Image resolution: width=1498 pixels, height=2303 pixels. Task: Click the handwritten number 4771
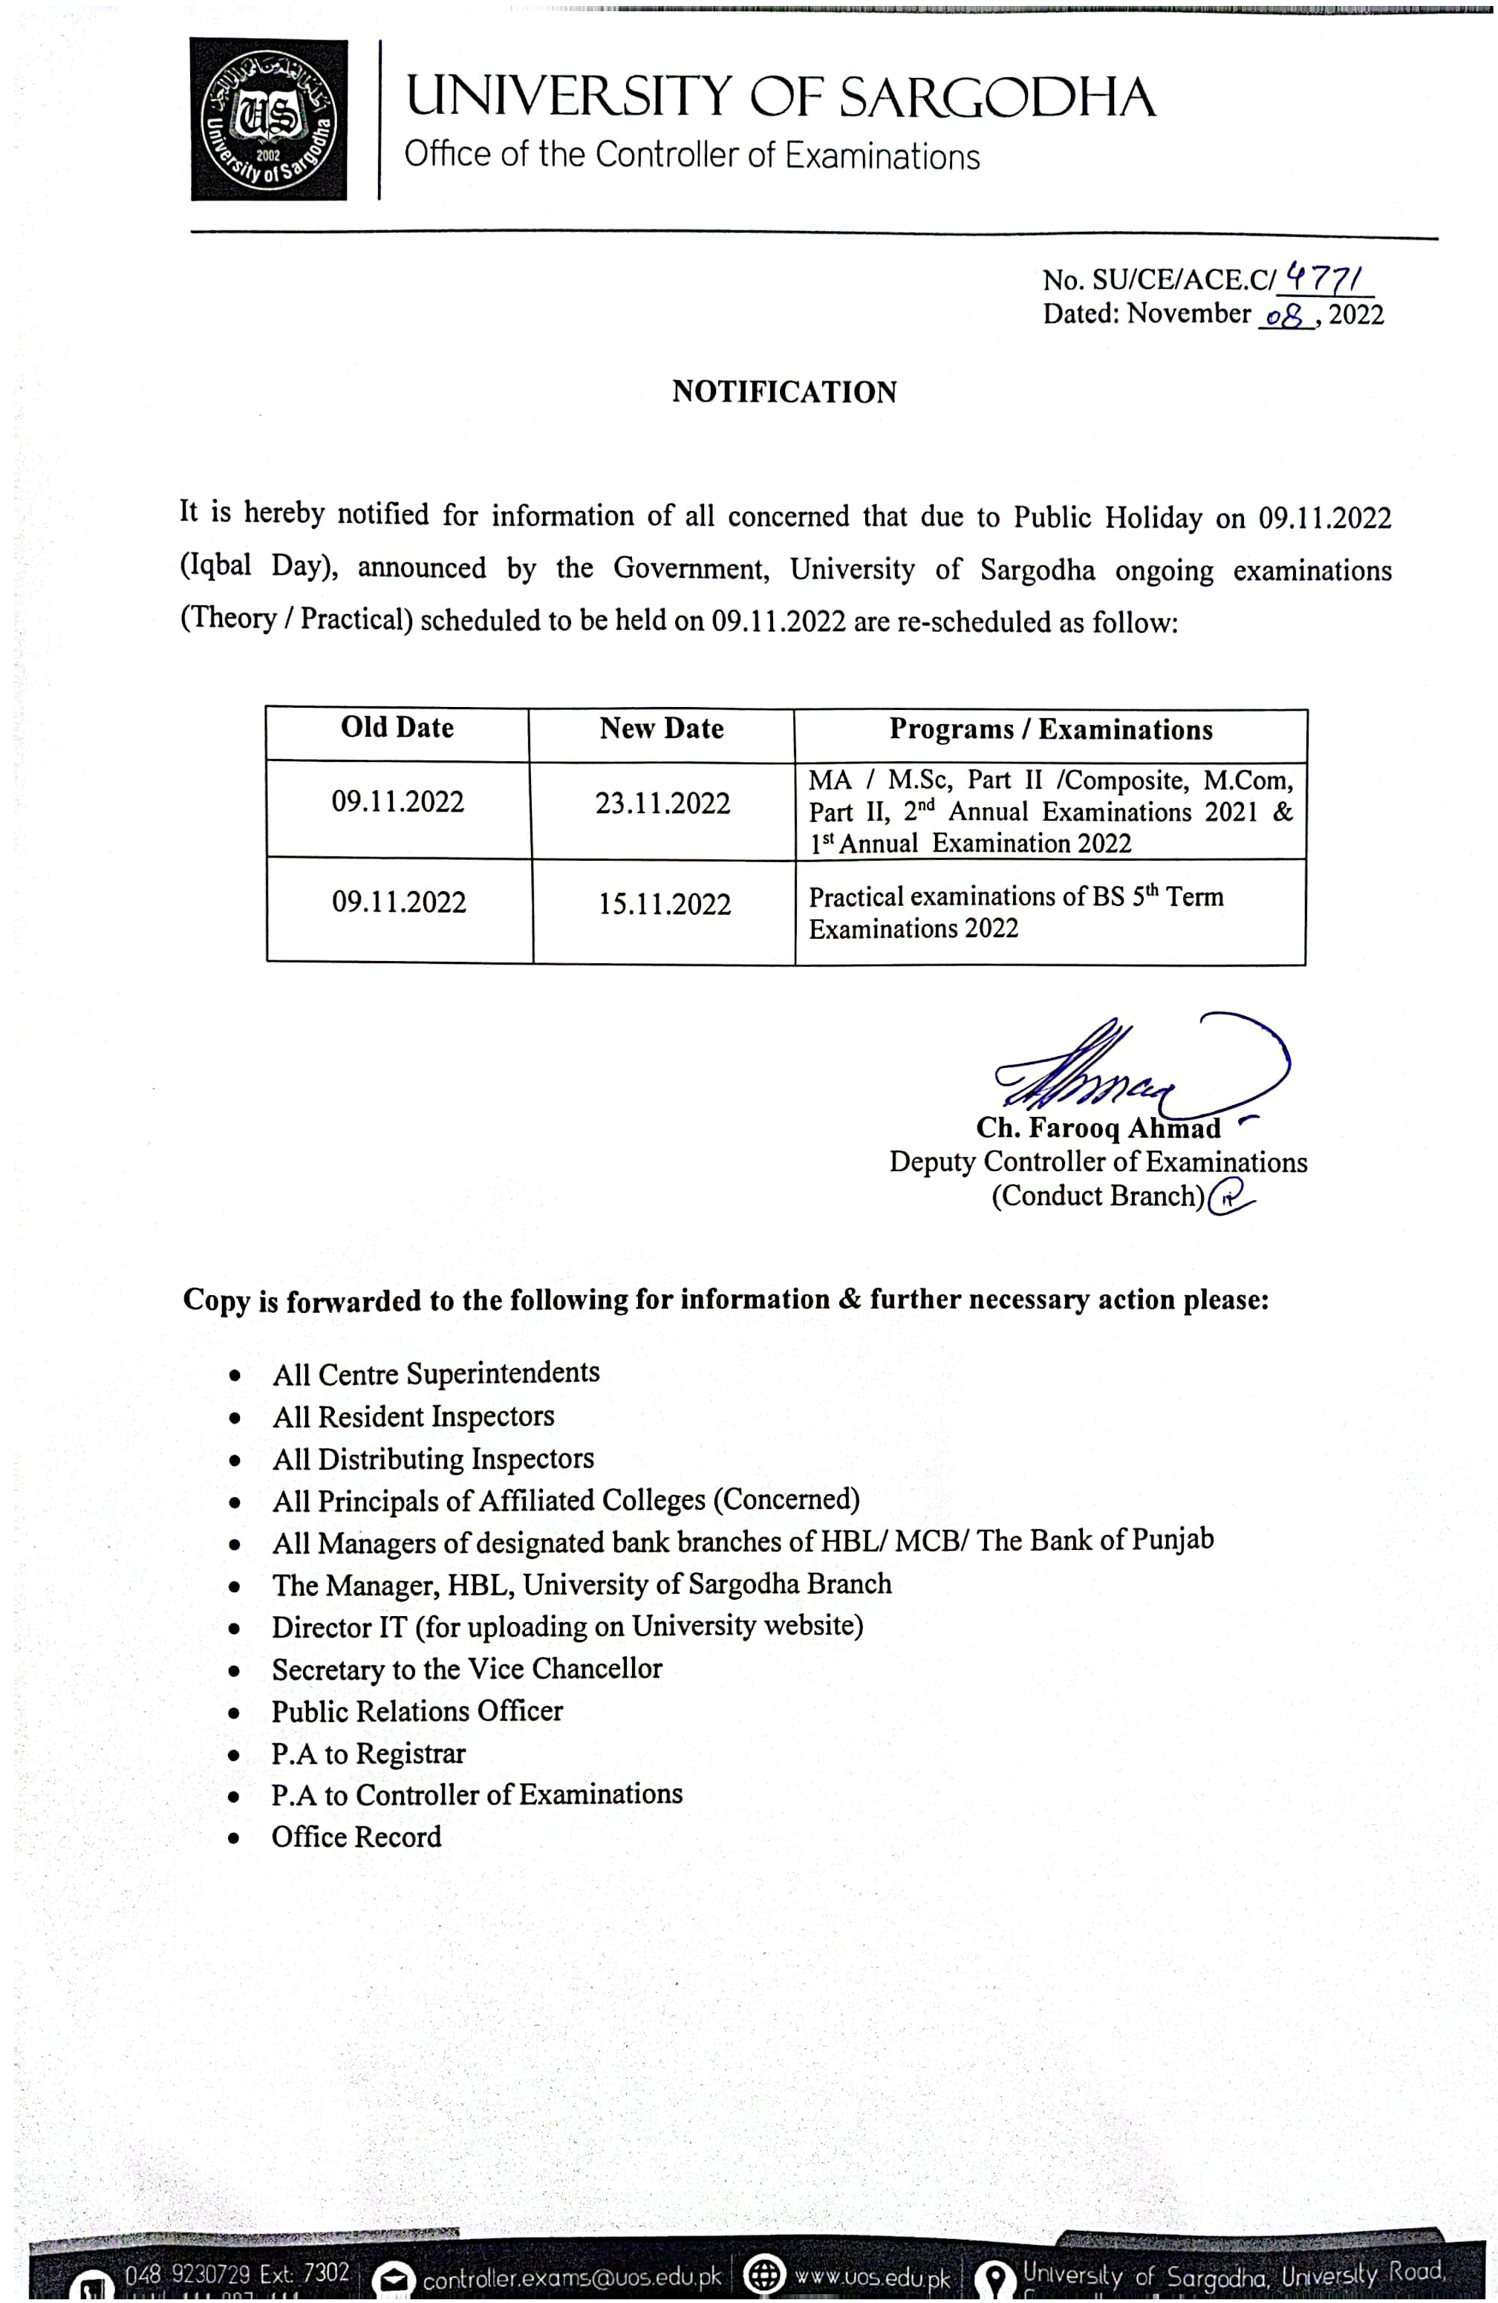(x=1323, y=281)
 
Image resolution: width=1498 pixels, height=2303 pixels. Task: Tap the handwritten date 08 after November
(x=1285, y=316)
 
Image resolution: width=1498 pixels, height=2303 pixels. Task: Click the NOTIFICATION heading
(x=784, y=392)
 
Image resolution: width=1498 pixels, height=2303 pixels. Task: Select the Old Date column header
(x=397, y=728)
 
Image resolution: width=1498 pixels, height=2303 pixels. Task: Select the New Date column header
(x=662, y=729)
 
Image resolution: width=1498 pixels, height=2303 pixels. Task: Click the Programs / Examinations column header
(x=1050, y=729)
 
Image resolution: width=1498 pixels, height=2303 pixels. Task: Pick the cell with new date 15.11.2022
(x=664, y=905)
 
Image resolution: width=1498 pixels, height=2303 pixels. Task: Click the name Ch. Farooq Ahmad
(x=1098, y=1128)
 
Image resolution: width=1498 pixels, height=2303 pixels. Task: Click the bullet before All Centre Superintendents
(x=234, y=1375)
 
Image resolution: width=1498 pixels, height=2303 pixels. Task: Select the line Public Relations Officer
(x=417, y=1711)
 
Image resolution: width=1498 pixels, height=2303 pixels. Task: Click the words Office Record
(x=356, y=1837)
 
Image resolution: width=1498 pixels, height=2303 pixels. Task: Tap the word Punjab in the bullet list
(x=1172, y=1540)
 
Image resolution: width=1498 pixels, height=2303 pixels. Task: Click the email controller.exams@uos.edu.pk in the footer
(x=572, y=2277)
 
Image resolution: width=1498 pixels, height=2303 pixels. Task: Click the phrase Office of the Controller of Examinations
(x=692, y=154)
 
